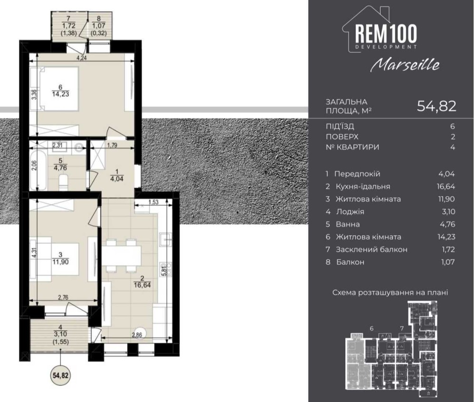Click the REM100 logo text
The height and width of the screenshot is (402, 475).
click(x=386, y=33)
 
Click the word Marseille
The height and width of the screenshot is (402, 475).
click(x=405, y=64)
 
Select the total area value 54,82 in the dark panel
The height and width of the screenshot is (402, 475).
click(x=437, y=105)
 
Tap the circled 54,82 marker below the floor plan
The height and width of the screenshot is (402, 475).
click(x=61, y=375)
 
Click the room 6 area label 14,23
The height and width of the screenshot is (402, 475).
click(x=61, y=94)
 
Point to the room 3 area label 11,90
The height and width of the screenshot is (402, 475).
click(x=60, y=261)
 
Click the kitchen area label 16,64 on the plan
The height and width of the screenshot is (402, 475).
click(x=142, y=285)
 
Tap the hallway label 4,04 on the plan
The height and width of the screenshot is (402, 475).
click(x=117, y=179)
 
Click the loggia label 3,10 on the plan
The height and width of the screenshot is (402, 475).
click(x=61, y=334)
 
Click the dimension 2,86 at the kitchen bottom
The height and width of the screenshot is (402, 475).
click(x=137, y=335)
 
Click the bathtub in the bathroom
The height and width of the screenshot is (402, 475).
click(x=38, y=171)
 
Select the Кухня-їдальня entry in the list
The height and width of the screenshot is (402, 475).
click(x=363, y=186)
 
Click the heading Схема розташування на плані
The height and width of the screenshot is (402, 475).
click(x=390, y=293)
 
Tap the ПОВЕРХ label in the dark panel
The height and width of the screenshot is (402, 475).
click(x=342, y=137)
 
